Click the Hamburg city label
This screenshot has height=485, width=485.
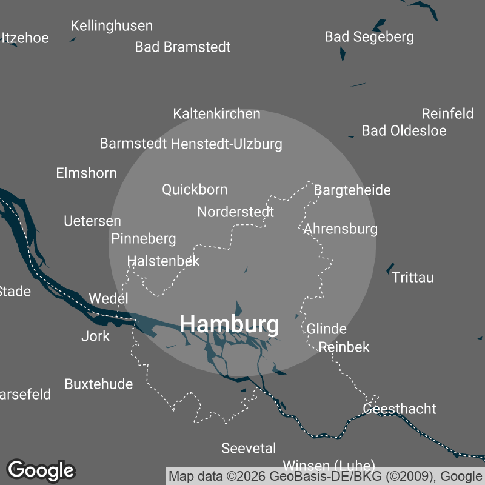(x=230, y=324)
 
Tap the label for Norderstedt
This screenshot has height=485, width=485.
(x=236, y=212)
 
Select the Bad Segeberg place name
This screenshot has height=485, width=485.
(x=369, y=37)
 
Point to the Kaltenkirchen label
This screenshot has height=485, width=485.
(x=216, y=114)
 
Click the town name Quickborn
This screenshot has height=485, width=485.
(x=195, y=190)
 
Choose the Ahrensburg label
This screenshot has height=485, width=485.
(x=341, y=229)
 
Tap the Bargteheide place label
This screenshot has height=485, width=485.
(x=352, y=190)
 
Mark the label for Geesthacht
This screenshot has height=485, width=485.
(x=399, y=409)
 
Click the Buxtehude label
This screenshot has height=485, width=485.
(x=99, y=384)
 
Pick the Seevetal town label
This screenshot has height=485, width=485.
(x=249, y=449)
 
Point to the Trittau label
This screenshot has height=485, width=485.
(x=413, y=278)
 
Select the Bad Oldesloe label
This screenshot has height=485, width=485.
(x=404, y=131)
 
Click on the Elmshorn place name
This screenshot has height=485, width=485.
(x=86, y=173)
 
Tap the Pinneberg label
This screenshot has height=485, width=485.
(x=144, y=239)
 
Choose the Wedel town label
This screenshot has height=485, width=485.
(x=109, y=298)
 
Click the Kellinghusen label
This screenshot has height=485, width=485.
(x=112, y=26)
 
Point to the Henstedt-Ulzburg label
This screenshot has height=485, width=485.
(x=227, y=144)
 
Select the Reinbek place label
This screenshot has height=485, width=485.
(x=344, y=347)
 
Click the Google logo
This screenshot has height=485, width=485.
(x=41, y=470)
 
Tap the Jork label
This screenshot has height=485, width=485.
(x=96, y=336)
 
